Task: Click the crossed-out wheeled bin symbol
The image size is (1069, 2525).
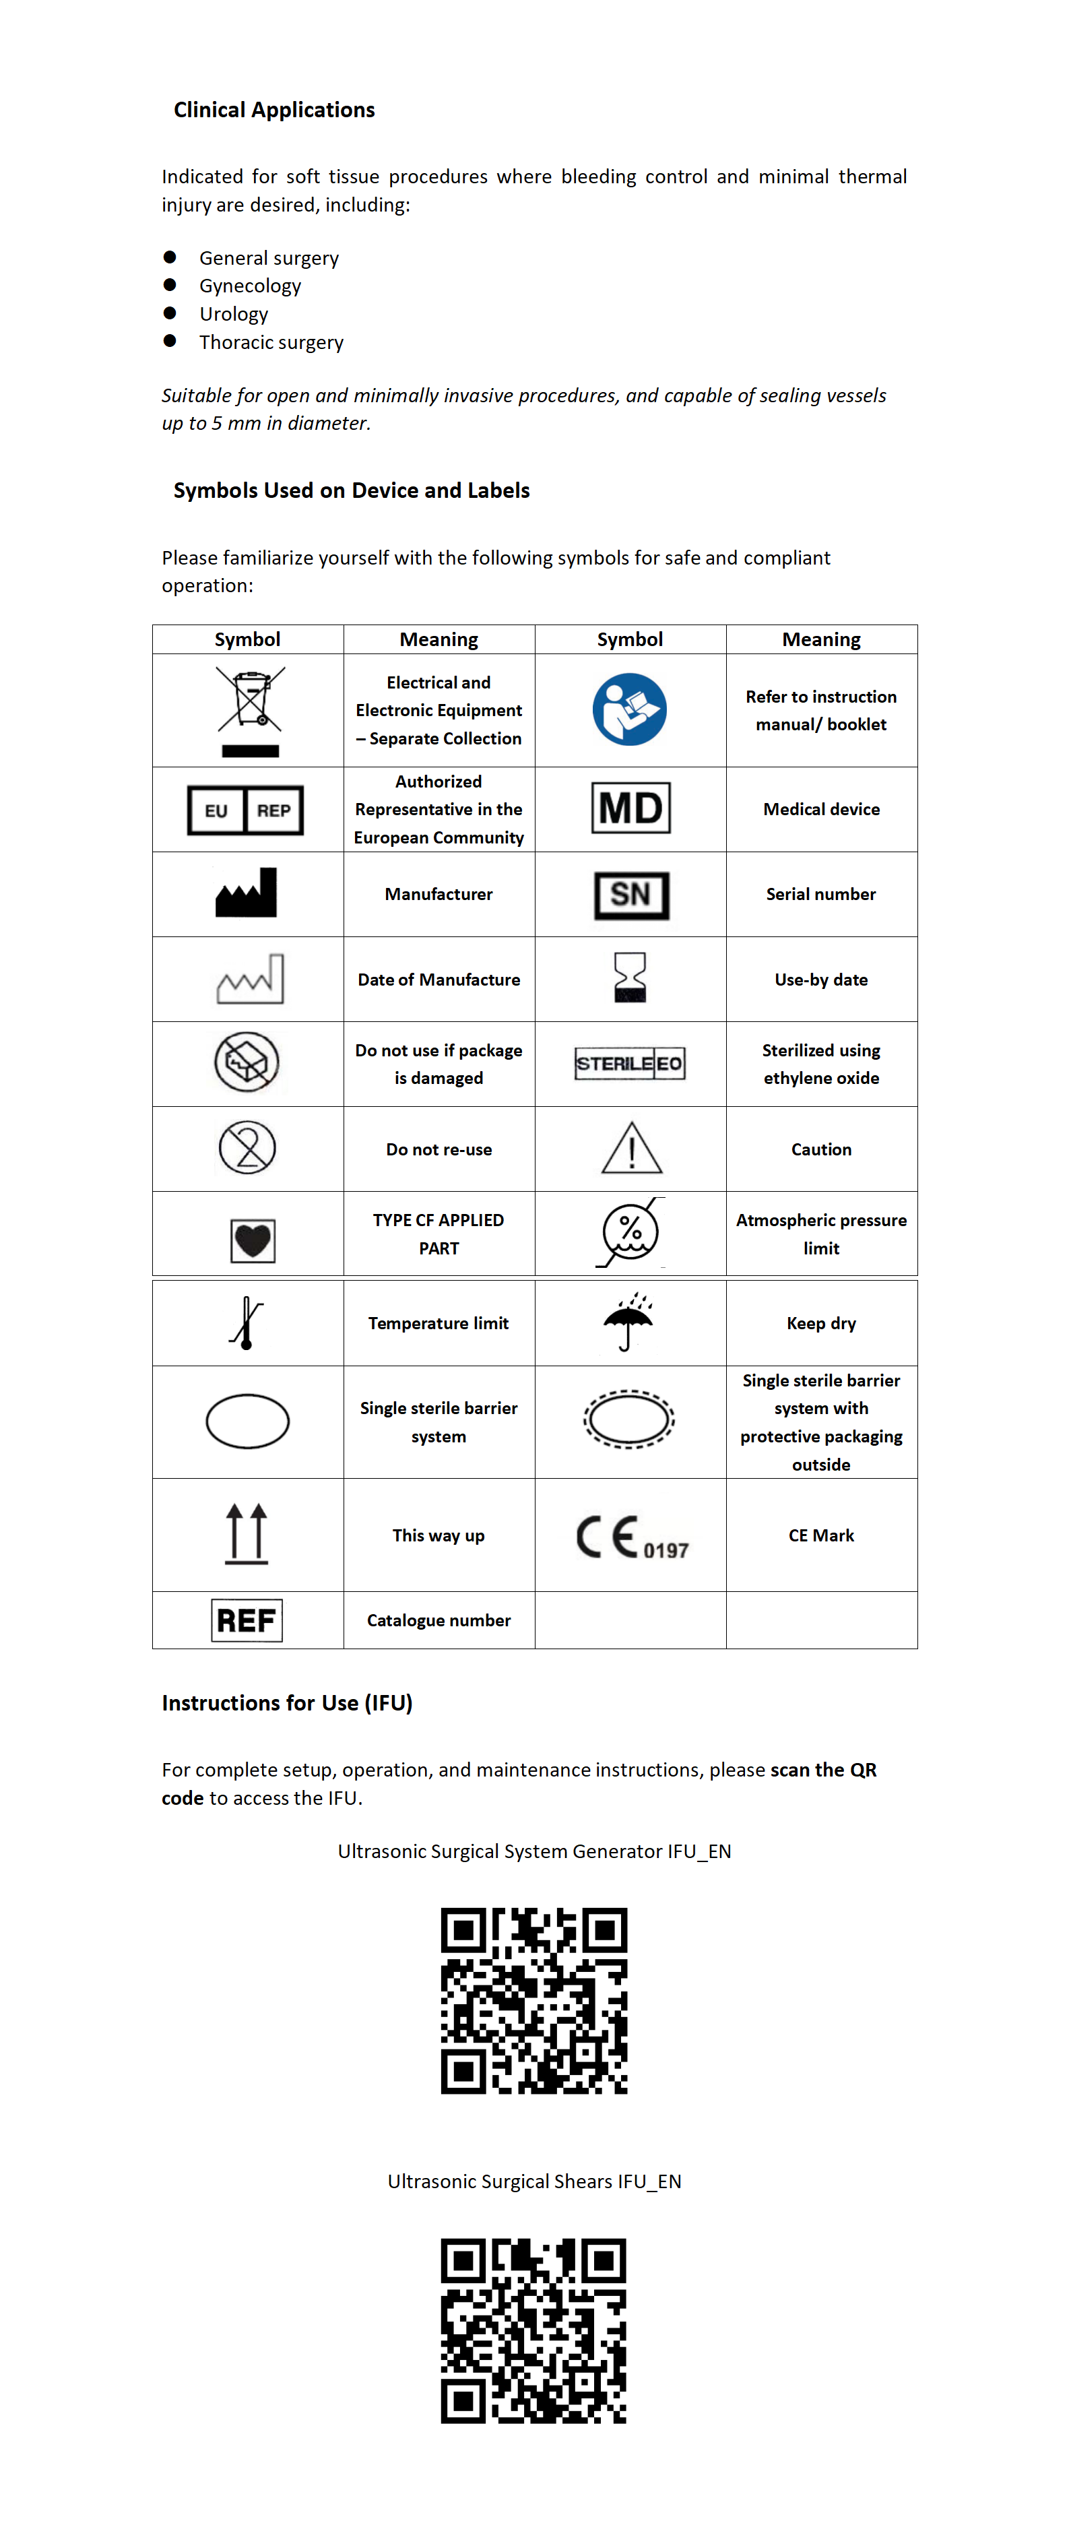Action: [x=250, y=711]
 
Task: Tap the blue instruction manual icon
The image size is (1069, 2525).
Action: [x=629, y=709]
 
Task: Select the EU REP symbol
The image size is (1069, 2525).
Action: [x=245, y=810]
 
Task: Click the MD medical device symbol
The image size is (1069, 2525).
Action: [x=630, y=808]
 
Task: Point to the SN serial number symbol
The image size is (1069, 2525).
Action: [x=631, y=894]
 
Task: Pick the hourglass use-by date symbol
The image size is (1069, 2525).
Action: [x=630, y=978]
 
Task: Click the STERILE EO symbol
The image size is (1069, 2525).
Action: [x=629, y=1064]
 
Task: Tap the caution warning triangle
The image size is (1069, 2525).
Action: [x=631, y=1148]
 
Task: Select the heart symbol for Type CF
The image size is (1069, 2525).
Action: [x=252, y=1240]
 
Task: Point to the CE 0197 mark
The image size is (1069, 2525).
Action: [x=632, y=1537]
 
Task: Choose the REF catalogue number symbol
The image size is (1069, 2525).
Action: [x=247, y=1620]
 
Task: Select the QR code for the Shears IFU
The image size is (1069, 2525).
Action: [x=534, y=2330]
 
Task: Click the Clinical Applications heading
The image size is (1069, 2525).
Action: [x=274, y=110]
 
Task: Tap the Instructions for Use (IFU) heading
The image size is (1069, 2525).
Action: [x=287, y=1702]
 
